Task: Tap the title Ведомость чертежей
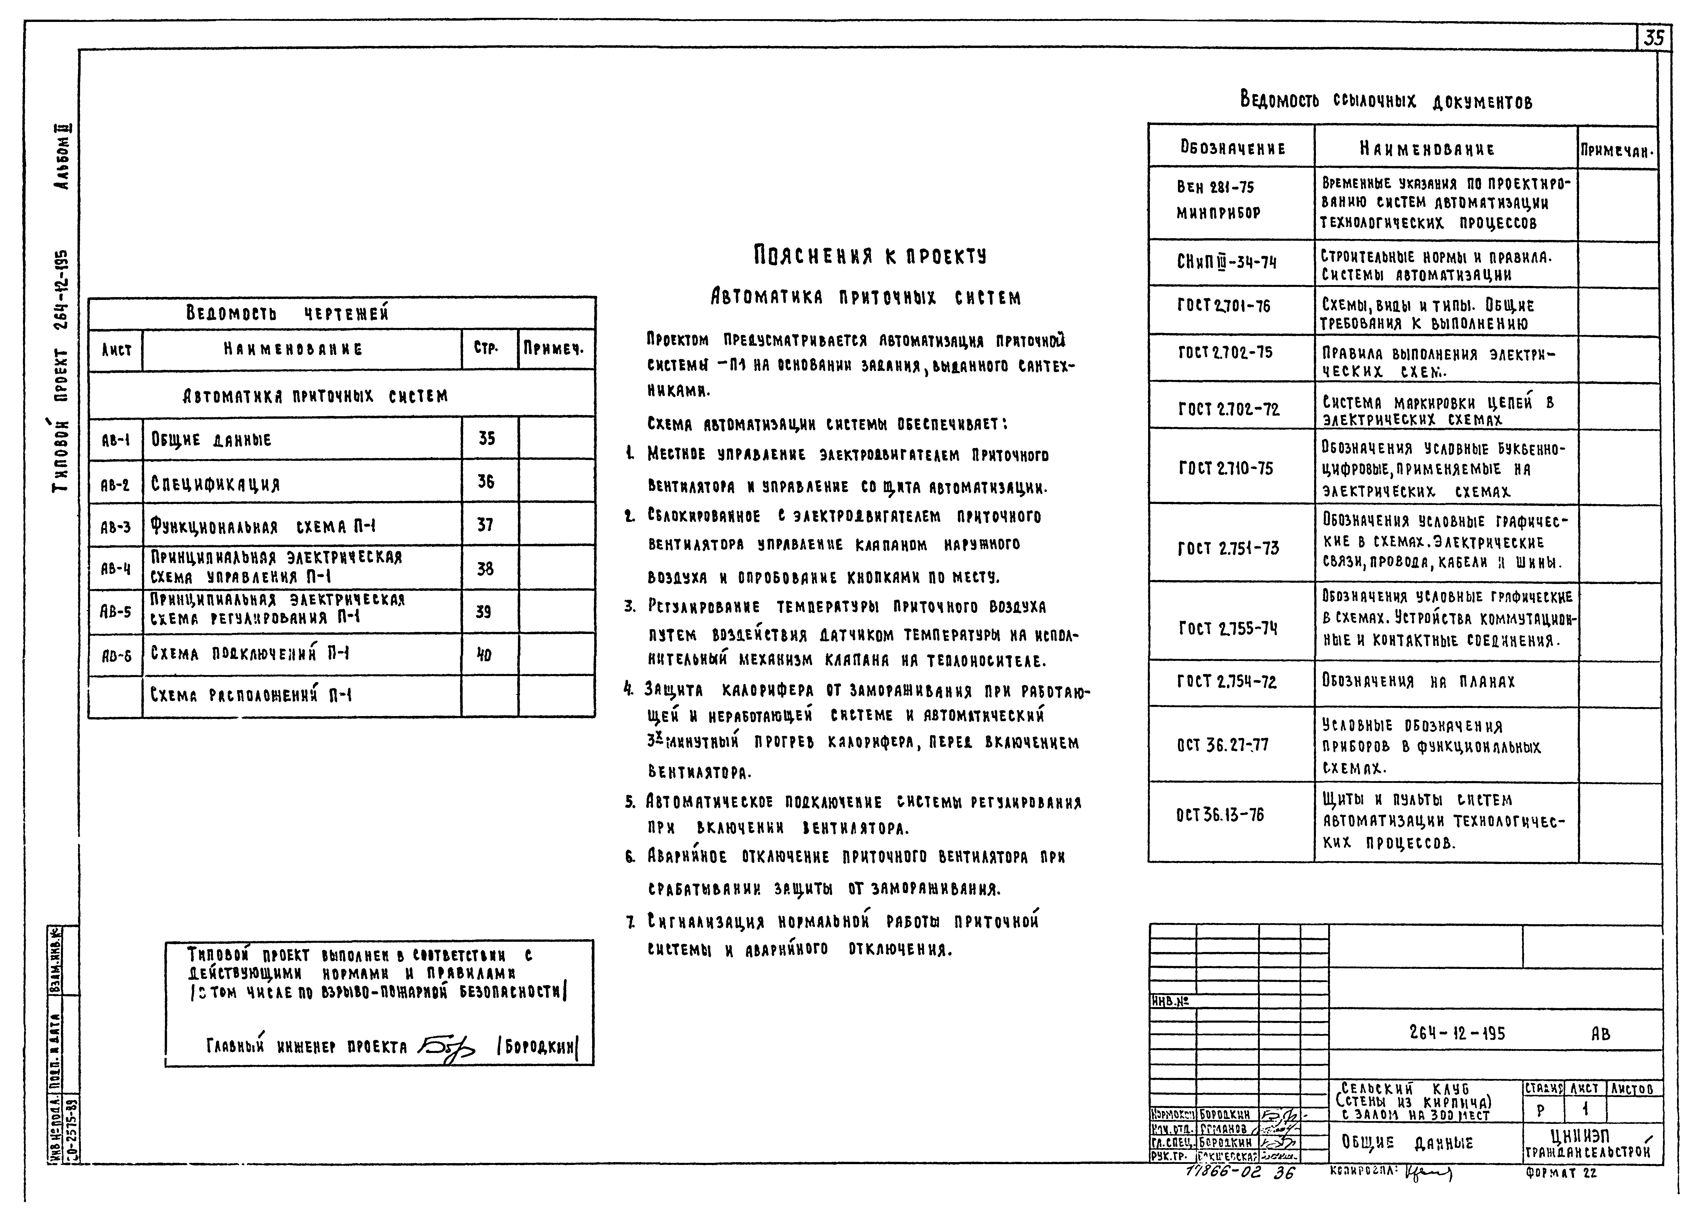coord(287,313)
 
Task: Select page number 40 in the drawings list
coord(485,655)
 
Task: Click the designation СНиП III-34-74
coord(1227,263)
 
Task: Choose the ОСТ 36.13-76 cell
coord(1220,815)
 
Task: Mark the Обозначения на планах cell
coord(1418,681)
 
